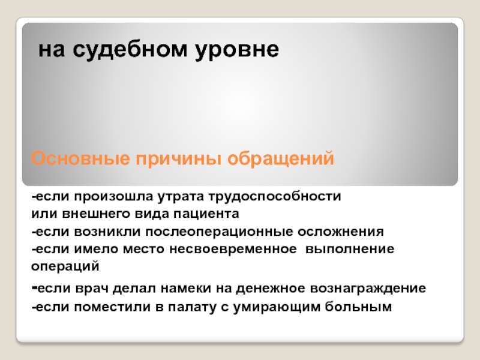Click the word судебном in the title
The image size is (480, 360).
click(x=130, y=50)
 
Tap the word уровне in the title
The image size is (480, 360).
click(x=237, y=50)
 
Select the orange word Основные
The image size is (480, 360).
click(x=80, y=158)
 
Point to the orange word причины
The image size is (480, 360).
click(x=178, y=159)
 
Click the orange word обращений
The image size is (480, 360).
click(x=280, y=158)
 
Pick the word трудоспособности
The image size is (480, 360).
click(x=275, y=197)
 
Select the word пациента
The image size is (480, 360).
click(x=206, y=214)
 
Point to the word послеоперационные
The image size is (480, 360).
click(x=219, y=232)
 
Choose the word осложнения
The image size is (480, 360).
click(x=340, y=232)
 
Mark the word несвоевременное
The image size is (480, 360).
click(x=233, y=249)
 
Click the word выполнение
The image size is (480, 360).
click(x=350, y=249)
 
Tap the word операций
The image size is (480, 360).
click(x=65, y=266)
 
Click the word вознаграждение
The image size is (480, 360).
click(x=368, y=289)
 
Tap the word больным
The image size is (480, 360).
click(x=358, y=306)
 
